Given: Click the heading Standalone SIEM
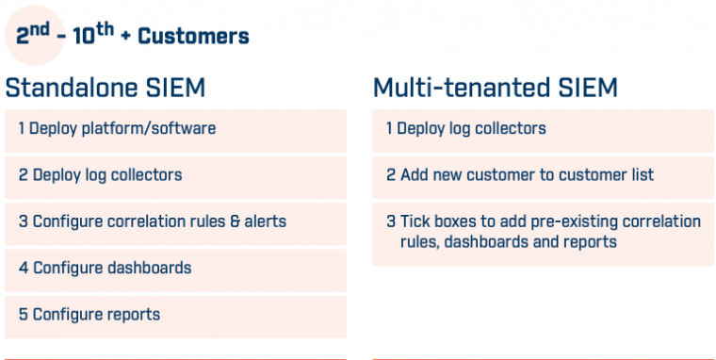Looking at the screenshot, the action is tap(105, 89).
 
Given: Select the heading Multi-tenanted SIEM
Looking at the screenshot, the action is tap(495, 89).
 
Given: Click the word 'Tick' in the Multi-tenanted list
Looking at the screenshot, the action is tap(415, 221).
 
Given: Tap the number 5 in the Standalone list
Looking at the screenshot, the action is tap(24, 314).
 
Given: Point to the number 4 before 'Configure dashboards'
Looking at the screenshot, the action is tap(24, 268).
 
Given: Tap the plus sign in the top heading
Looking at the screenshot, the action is tap(127, 38).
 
